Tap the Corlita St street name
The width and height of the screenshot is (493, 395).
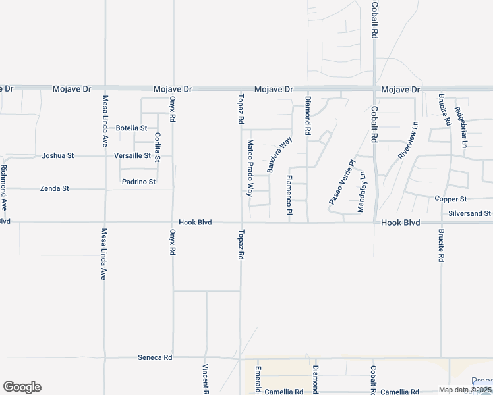click(158, 147)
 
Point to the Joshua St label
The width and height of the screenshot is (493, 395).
click(58, 156)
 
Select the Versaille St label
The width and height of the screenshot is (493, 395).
click(132, 156)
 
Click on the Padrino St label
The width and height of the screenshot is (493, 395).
click(138, 182)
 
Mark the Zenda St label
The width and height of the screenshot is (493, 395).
click(55, 188)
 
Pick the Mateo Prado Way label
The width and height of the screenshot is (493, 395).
click(250, 168)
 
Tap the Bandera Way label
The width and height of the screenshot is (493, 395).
click(279, 155)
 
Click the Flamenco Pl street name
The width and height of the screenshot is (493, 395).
click(289, 195)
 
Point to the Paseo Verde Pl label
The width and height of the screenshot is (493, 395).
click(341, 181)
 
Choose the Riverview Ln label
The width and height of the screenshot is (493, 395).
click(408, 140)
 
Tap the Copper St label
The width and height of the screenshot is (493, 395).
click(451, 199)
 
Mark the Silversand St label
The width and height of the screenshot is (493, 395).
click(469, 213)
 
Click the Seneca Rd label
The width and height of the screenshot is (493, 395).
click(155, 357)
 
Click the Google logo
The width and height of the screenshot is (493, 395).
click(22, 387)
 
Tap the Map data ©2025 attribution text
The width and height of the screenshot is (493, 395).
click(465, 390)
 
